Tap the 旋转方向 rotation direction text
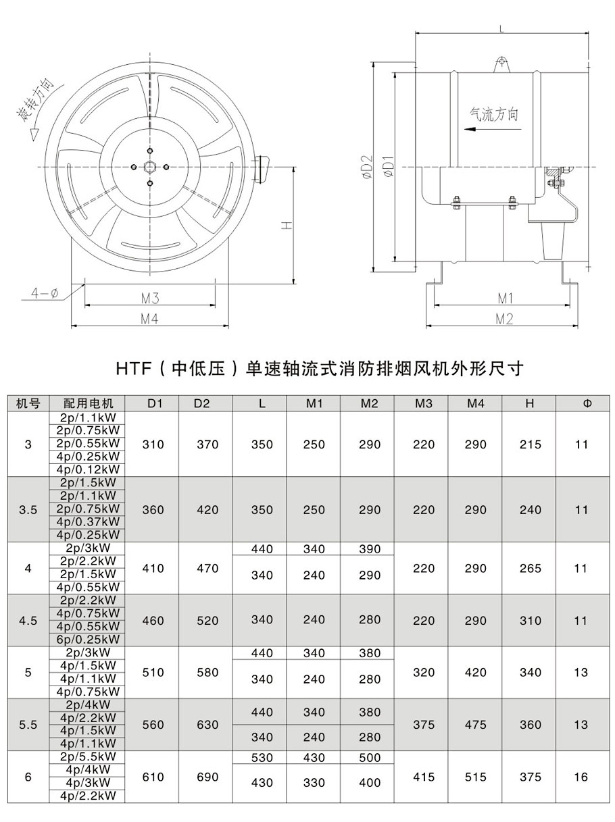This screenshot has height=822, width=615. (39, 108)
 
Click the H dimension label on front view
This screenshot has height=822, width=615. (286, 226)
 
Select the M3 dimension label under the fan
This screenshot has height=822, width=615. (149, 298)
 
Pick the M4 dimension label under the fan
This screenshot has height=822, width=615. (149, 319)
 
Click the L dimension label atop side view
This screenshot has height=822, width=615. (501, 28)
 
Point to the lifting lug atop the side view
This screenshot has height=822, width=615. (501, 63)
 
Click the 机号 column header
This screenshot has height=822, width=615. (28, 404)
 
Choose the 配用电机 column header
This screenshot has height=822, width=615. (89, 404)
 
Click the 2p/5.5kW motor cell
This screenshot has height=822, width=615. (89, 756)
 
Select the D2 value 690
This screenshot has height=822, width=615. (207, 777)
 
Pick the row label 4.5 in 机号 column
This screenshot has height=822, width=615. (28, 620)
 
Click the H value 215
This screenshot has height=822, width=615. (530, 444)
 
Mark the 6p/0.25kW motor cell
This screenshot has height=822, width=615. (89, 639)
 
